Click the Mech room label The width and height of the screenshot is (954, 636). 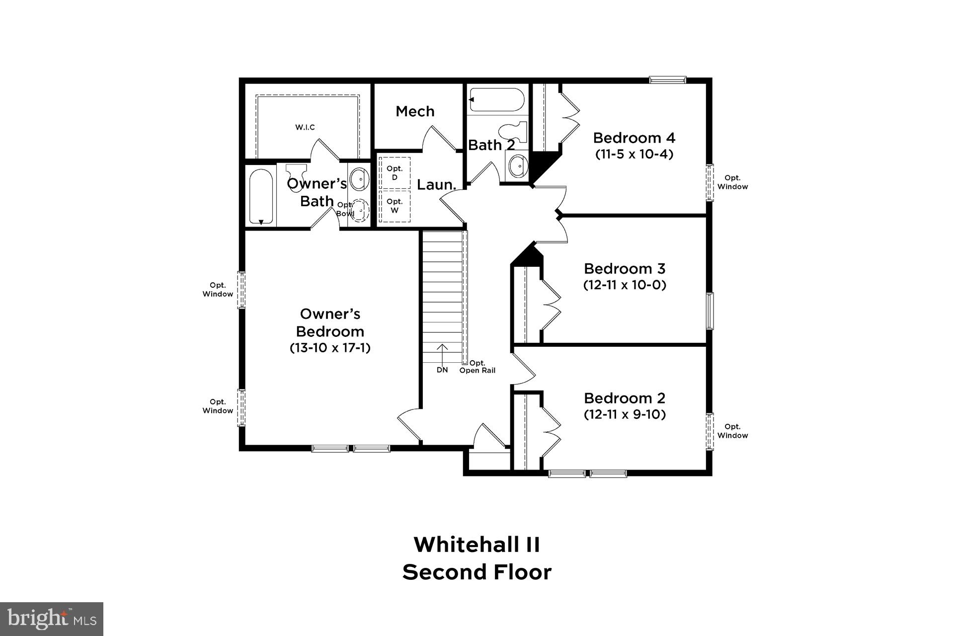point(415,111)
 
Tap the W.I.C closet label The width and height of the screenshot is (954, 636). point(305,127)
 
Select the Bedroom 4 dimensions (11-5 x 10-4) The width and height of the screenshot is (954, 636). point(634,154)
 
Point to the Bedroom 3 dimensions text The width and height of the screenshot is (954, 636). point(625,285)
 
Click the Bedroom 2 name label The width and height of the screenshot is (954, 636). point(625,398)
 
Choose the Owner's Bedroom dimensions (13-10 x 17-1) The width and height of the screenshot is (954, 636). point(330,347)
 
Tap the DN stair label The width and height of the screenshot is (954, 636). point(442,370)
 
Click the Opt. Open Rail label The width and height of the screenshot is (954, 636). point(477,367)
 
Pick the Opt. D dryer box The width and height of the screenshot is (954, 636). point(395,172)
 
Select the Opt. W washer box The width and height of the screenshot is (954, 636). point(395,206)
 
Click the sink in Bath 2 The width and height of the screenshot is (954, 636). point(517,164)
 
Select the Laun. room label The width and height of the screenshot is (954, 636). point(436,185)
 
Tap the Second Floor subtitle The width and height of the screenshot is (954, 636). point(477,572)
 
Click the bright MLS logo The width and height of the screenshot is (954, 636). point(52,619)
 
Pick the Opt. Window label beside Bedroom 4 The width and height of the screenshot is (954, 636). point(732,182)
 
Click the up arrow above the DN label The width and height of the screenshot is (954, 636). point(442,354)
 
